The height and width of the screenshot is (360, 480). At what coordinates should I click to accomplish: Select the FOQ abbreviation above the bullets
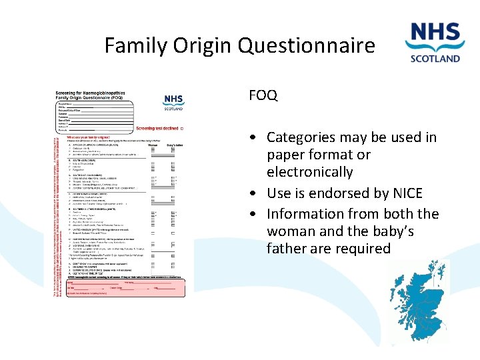tap(263, 95)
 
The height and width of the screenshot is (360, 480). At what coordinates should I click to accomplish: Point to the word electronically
tap(310, 172)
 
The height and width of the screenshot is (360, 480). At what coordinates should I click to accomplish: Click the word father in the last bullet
tap(287, 249)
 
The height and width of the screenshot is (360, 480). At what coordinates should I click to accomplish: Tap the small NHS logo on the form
tap(173, 102)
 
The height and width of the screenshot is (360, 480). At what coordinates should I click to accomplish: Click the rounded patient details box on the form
tap(94, 116)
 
